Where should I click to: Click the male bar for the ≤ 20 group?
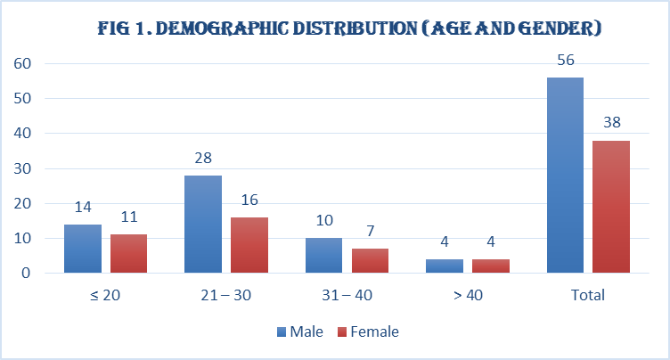(83, 249)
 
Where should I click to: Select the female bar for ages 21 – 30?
(249, 245)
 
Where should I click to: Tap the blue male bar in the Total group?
(565, 176)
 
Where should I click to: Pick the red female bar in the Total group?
(611, 207)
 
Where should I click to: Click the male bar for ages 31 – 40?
(324, 255)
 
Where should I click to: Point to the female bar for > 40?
(491, 266)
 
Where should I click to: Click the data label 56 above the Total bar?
(566, 60)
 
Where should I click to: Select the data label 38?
(612, 122)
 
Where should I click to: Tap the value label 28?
(203, 159)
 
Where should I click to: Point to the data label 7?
(371, 231)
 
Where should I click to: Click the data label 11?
(129, 217)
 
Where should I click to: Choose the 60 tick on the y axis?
(22, 63)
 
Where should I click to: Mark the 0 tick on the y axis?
(26, 273)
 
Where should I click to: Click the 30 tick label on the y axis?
(22, 168)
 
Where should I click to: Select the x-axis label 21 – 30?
(226, 295)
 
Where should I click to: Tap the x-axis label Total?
(588, 295)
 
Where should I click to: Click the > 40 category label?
(468, 295)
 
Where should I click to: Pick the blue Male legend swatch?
(282, 331)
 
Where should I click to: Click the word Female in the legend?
(374, 331)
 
